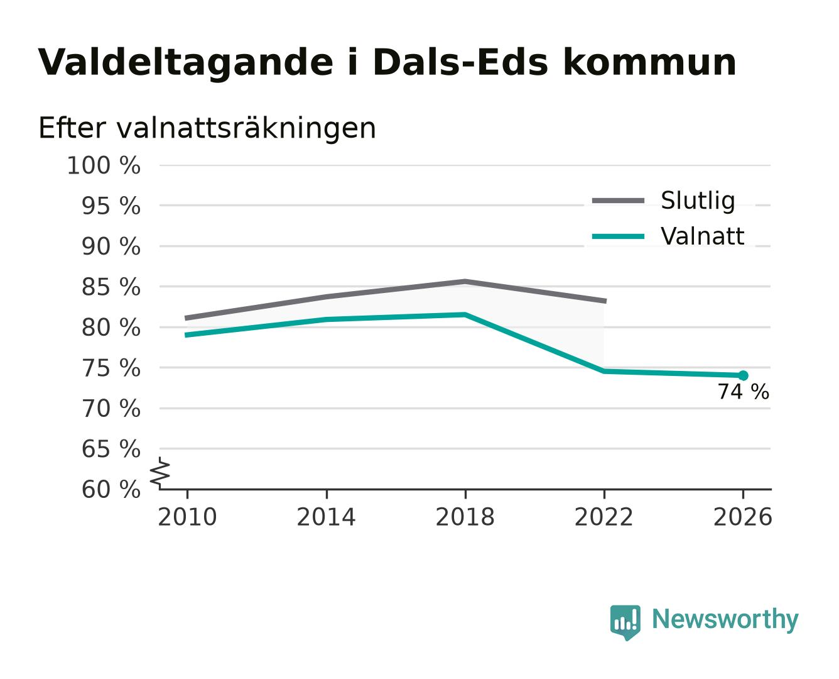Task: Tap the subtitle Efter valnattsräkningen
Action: click(207, 128)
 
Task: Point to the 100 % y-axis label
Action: click(104, 165)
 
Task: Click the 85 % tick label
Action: click(111, 287)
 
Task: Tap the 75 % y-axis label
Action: click(111, 368)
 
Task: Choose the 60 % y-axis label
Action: click(111, 490)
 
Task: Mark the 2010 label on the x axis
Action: click(188, 517)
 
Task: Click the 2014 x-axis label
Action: click(326, 517)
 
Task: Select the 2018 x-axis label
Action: click(465, 517)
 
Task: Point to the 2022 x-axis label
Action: click(604, 517)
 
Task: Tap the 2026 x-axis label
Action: click(743, 517)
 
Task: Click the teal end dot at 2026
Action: click(743, 375)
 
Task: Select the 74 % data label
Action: click(744, 392)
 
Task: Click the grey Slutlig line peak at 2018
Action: click(465, 282)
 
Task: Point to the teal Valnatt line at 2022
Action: click(604, 371)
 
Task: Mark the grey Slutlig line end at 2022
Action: click(605, 301)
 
